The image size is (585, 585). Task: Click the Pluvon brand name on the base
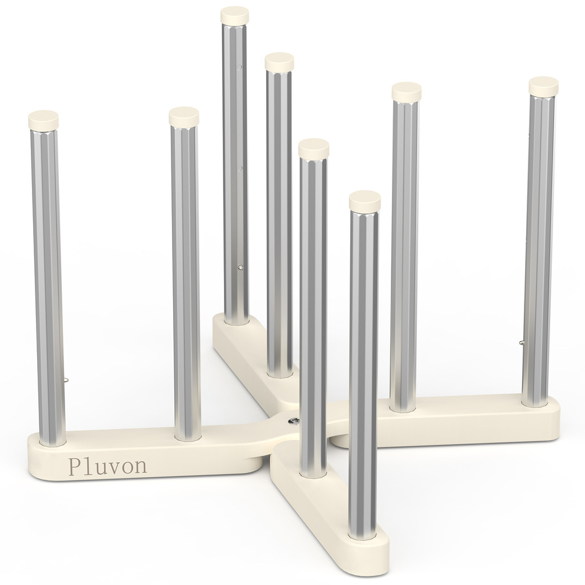click(x=108, y=465)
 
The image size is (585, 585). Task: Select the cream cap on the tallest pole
click(x=235, y=14)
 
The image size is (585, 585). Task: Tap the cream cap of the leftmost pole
click(x=43, y=119)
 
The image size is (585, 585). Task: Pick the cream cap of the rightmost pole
click(x=543, y=85)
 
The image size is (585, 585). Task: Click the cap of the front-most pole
click(x=364, y=200)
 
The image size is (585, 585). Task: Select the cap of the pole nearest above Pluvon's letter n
click(x=184, y=116)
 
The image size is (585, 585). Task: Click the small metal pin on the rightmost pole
click(x=522, y=342)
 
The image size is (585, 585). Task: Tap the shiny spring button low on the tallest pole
click(x=241, y=267)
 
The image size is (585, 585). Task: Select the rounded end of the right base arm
click(x=551, y=420)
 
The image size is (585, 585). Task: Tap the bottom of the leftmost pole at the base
click(x=53, y=441)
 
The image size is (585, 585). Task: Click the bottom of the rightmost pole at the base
click(x=534, y=403)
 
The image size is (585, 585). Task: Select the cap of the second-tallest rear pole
click(x=279, y=61)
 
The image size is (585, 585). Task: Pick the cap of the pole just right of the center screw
click(x=314, y=147)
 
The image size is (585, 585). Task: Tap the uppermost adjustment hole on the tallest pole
click(x=240, y=67)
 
